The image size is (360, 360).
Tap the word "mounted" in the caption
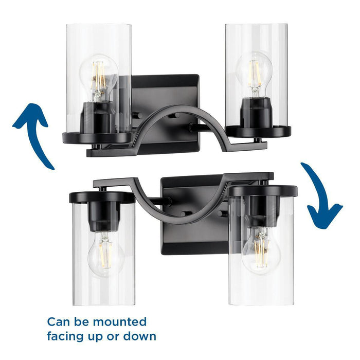[x=120, y=322]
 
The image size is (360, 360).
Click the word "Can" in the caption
[x=60, y=322]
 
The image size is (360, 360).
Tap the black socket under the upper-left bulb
[x=95, y=116]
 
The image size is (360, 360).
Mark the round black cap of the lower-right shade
[x=262, y=189]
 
